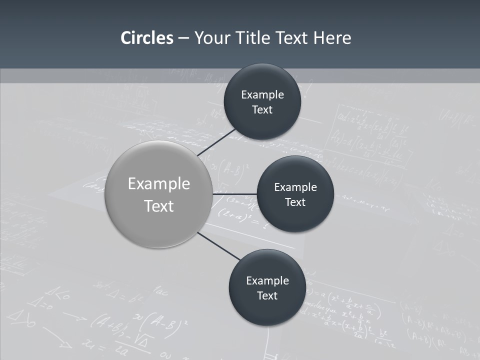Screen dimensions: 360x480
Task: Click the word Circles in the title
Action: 146,38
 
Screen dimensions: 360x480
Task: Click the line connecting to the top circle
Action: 217,142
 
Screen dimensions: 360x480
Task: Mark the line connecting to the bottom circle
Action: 219,246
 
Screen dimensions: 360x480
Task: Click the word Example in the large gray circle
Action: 158,184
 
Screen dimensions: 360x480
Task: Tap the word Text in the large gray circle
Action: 158,206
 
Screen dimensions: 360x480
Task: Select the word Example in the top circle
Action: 262,95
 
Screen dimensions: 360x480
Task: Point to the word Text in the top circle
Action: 262,110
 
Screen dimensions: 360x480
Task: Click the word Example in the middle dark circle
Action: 295,187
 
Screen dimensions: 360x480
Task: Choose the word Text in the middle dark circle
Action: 295,202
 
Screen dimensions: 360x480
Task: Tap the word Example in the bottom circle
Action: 267,281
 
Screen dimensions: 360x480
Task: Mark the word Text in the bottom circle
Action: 267,296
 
